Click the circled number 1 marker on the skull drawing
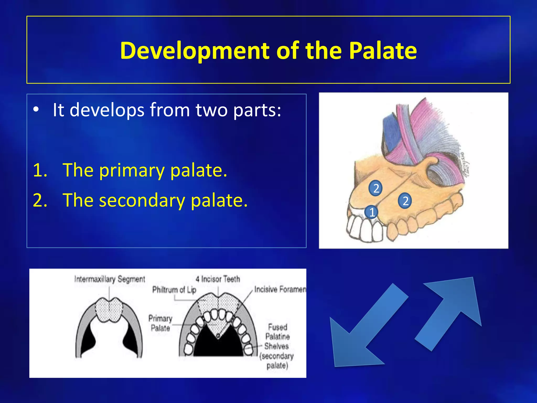(x=372, y=212)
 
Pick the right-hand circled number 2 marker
(x=405, y=201)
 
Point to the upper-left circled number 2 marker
(x=375, y=188)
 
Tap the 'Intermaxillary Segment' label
(x=110, y=279)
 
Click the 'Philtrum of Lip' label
(x=174, y=290)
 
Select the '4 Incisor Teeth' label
(x=218, y=279)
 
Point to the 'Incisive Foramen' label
(x=280, y=289)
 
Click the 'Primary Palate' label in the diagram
(x=160, y=323)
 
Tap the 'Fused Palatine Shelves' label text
(x=277, y=337)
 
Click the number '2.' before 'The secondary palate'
(x=40, y=200)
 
